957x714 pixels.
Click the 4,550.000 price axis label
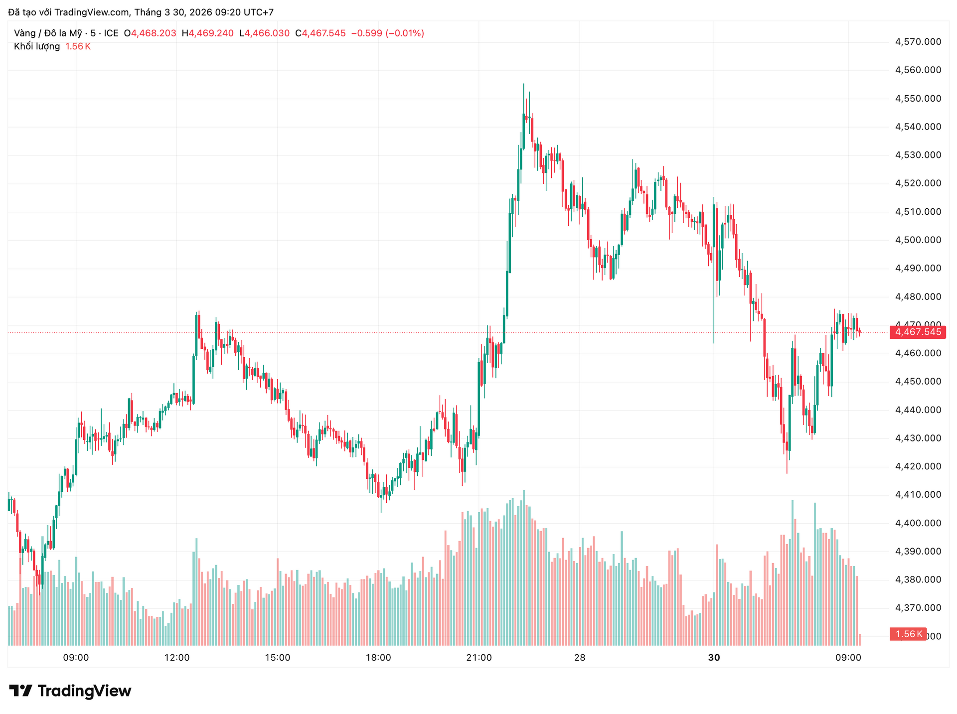918,99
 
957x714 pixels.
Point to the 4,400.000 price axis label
918,523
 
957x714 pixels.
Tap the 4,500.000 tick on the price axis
918,240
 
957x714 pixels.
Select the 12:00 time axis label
177,658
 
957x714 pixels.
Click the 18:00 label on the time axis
378,658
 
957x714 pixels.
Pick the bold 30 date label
714,658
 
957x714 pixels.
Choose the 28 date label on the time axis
580,658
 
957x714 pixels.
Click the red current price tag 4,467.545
918,332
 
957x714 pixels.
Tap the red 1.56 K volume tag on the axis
908,634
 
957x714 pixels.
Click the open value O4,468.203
150,33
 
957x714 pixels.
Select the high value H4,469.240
208,33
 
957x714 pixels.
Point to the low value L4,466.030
264,33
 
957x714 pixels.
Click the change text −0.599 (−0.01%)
388,33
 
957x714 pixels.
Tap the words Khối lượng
37,46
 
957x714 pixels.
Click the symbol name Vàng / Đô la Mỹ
48,33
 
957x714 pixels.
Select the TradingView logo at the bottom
70,691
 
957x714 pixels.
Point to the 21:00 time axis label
479,658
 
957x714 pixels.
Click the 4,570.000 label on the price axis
918,42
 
